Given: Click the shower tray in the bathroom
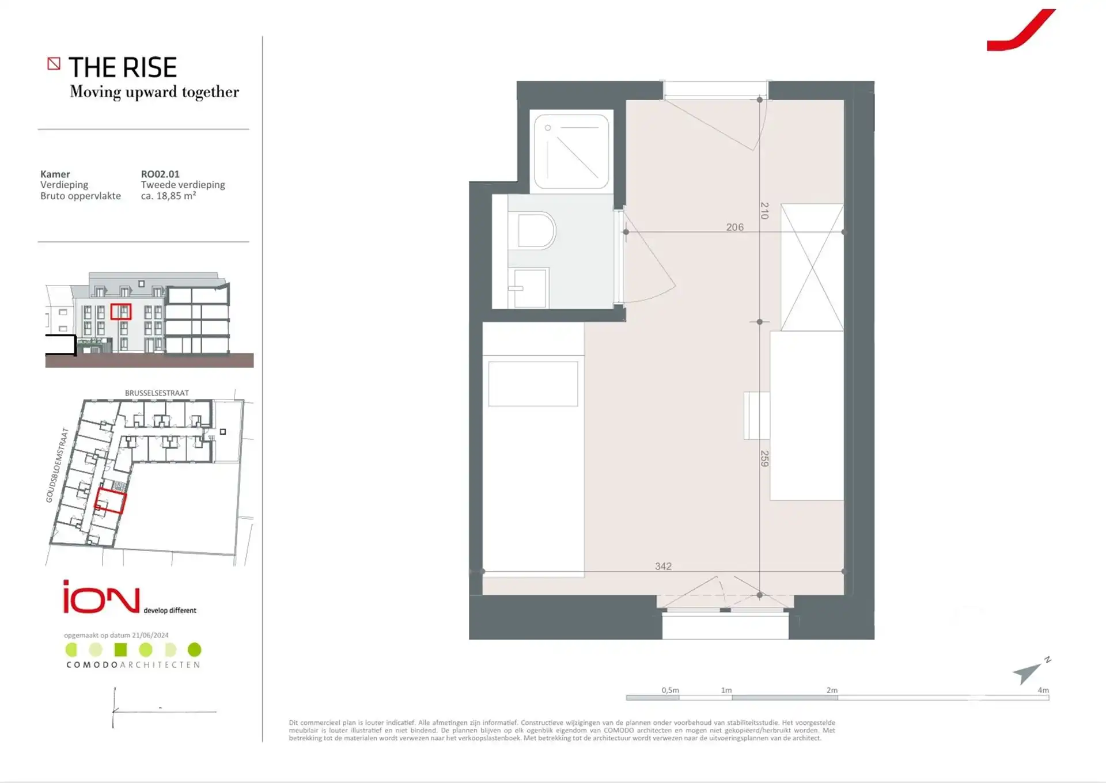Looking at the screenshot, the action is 571,151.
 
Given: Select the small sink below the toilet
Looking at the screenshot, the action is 527,288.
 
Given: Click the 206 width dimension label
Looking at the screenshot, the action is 734,227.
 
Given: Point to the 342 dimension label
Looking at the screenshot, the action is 663,567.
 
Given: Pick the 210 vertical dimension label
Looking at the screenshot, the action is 764,210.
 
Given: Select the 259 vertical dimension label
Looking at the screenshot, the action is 764,458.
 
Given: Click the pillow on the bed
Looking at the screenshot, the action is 533,384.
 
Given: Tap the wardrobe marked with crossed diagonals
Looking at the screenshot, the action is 812,268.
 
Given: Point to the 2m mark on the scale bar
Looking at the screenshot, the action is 832,690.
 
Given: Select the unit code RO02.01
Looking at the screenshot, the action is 160,174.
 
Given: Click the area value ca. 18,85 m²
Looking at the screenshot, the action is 168,196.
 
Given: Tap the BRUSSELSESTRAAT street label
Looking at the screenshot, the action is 157,393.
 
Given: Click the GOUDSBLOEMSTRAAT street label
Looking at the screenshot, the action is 57,465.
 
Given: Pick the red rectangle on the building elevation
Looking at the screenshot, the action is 121,311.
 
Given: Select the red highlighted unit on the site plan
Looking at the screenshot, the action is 110,500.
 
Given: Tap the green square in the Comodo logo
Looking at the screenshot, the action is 120,650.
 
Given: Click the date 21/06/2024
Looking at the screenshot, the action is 150,636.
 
